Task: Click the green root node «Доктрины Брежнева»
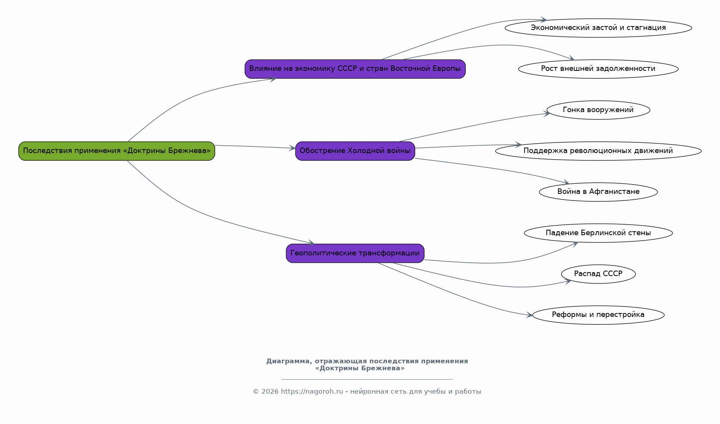point(117,151)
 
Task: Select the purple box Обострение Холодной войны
point(355,151)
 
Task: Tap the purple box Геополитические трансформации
point(355,253)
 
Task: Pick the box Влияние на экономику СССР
point(355,69)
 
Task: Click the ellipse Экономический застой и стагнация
point(598,28)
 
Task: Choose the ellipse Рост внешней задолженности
point(598,69)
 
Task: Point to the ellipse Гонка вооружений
point(598,110)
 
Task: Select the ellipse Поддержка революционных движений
point(598,151)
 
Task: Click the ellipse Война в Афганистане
point(598,192)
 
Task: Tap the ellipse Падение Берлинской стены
point(598,233)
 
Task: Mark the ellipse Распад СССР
point(598,274)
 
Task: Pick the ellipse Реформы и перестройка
point(598,315)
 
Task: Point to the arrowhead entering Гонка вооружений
point(547,114)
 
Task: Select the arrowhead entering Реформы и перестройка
point(529,315)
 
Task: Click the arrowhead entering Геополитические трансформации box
point(311,243)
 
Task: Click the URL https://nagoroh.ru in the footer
point(312,392)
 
